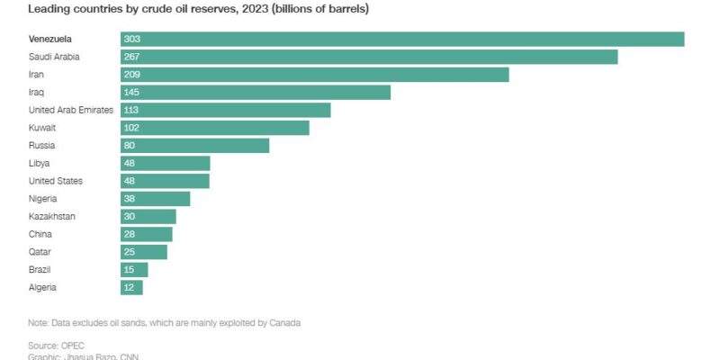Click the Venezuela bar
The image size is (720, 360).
pyautogui.click(x=402, y=39)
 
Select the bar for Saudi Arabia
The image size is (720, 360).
pyautogui.click(x=369, y=57)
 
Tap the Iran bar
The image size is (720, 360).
pyautogui.click(x=315, y=75)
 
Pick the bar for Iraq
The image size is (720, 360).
pyautogui.click(x=256, y=92)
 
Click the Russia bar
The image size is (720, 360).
pyautogui.click(x=195, y=146)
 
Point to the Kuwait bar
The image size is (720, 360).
pyautogui.click(x=215, y=128)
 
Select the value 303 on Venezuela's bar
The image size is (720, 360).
pyautogui.click(x=133, y=39)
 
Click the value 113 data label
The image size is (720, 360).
pyautogui.click(x=132, y=110)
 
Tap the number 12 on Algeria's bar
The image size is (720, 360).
pyautogui.click(x=130, y=287)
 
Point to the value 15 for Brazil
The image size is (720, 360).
pyautogui.click(x=130, y=269)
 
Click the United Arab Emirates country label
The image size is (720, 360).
pyautogui.click(x=71, y=110)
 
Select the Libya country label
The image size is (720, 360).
pyautogui.click(x=40, y=163)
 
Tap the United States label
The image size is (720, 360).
pyautogui.click(x=56, y=181)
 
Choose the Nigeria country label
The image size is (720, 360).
pyautogui.click(x=44, y=199)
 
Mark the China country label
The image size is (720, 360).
pyautogui.click(x=41, y=234)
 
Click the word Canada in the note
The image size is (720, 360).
pyautogui.click(x=284, y=322)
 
